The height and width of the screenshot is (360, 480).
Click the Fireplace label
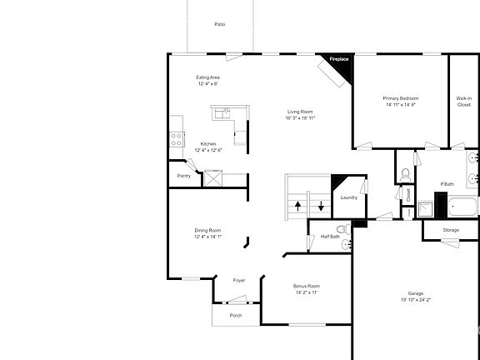pyautogui.click(x=339, y=60)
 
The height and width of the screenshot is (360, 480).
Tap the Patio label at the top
pyautogui.click(x=219, y=25)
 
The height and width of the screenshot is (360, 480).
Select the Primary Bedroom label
pyautogui.click(x=401, y=98)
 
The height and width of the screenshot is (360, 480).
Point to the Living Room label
pyautogui.click(x=301, y=112)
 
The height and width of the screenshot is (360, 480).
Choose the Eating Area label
pyautogui.click(x=207, y=77)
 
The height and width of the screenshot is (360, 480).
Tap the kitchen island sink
pyautogui.click(x=223, y=112)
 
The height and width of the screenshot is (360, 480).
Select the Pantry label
pyautogui.click(x=184, y=176)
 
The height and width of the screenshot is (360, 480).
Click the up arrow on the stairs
pyautogui.click(x=297, y=205)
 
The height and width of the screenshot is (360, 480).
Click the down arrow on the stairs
pyautogui.click(x=320, y=205)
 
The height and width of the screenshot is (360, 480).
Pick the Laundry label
pyautogui.click(x=348, y=197)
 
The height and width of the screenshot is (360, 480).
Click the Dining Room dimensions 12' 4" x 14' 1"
pyautogui.click(x=207, y=237)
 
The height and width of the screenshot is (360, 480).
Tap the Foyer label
pyautogui.click(x=239, y=280)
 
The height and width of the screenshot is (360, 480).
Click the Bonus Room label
pyautogui.click(x=307, y=286)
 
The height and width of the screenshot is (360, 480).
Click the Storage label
pyautogui.click(x=451, y=230)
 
